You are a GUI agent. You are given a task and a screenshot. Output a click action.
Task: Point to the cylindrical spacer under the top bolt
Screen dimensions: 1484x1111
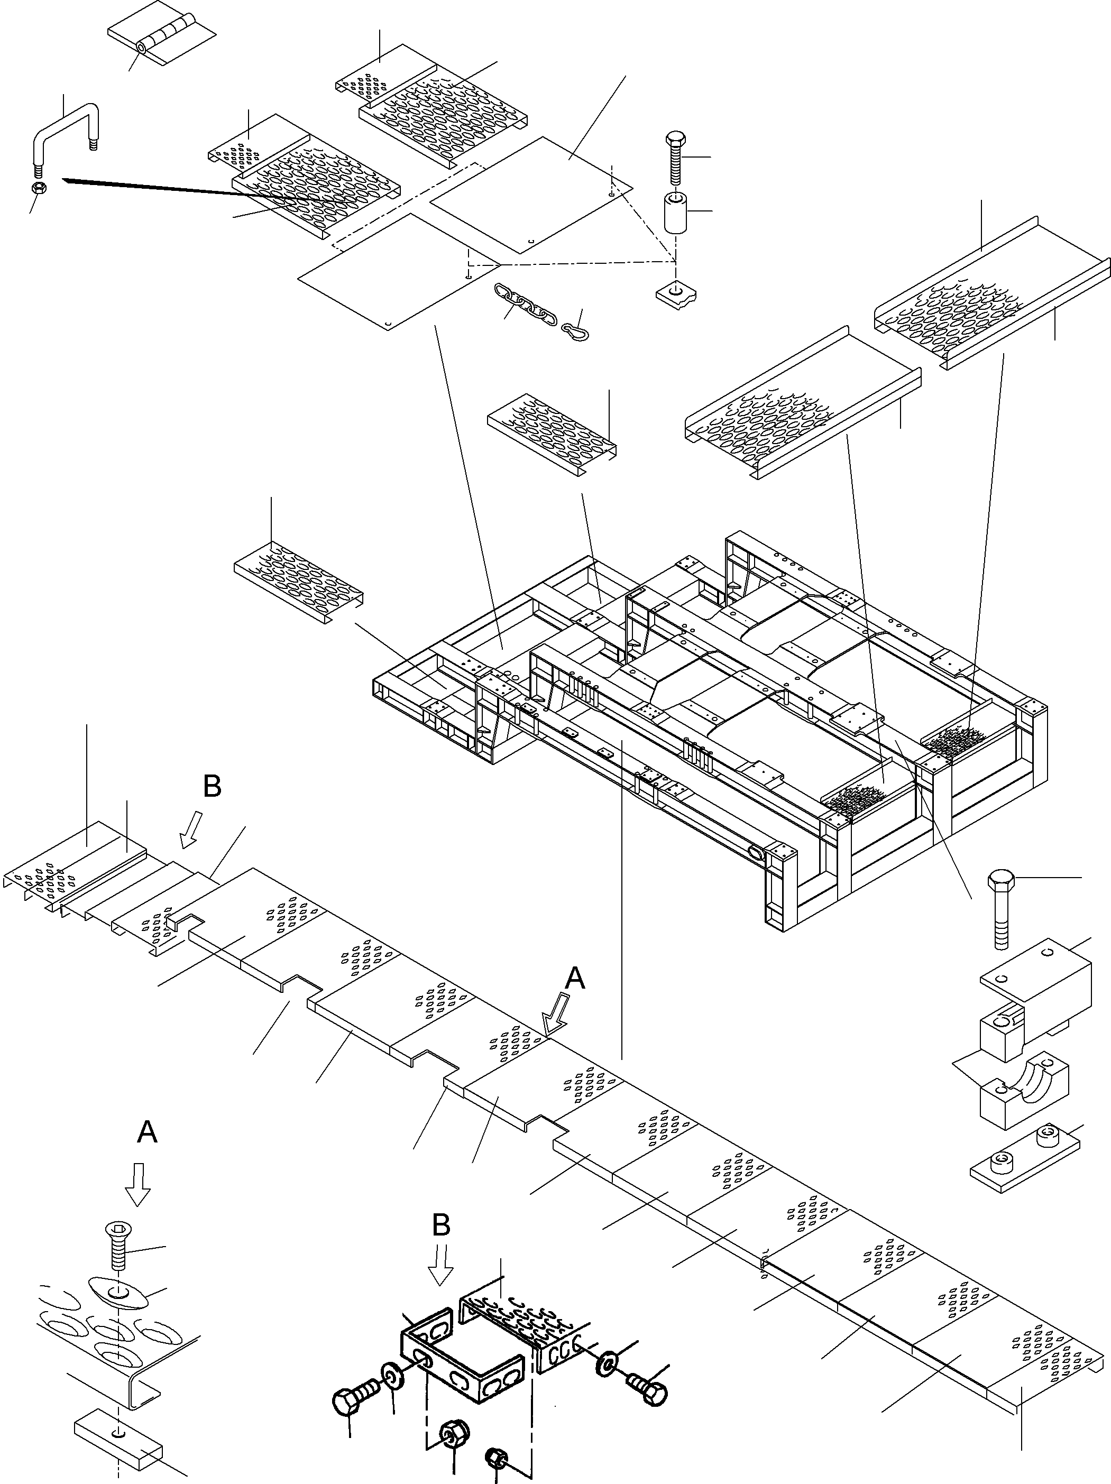tap(676, 213)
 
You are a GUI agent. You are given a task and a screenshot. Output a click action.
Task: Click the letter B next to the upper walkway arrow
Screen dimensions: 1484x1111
tap(212, 787)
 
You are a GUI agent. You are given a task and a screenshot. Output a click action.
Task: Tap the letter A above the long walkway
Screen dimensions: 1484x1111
tap(574, 980)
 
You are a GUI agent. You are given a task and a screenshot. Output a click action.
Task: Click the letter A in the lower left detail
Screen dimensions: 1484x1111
tap(147, 1132)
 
